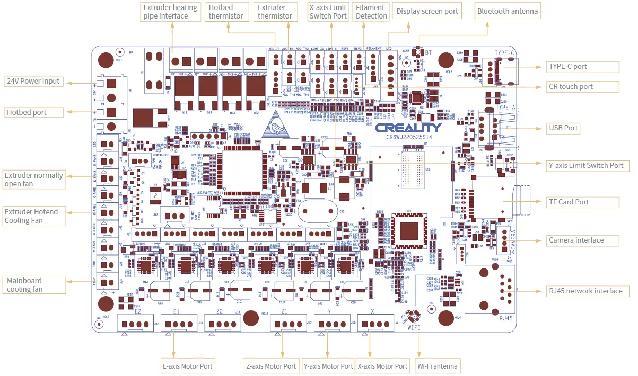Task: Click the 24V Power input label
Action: (x=33, y=82)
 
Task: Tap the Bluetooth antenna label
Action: (x=508, y=11)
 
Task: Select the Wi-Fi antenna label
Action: (x=438, y=366)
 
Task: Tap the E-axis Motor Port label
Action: (x=187, y=366)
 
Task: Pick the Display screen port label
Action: (x=427, y=11)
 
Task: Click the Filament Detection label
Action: (x=371, y=12)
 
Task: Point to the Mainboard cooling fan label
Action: (x=33, y=285)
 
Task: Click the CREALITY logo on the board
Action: (x=408, y=128)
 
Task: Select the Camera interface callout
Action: (x=582, y=240)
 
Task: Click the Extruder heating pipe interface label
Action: (x=170, y=12)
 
